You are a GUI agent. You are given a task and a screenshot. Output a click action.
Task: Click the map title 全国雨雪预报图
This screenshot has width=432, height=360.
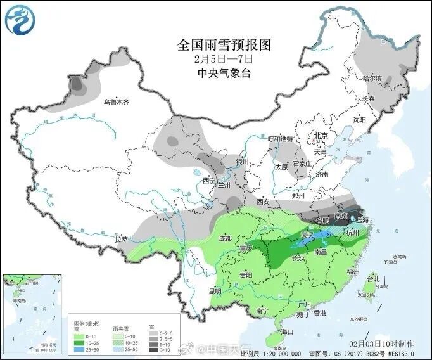pyautogui.click(x=224, y=44)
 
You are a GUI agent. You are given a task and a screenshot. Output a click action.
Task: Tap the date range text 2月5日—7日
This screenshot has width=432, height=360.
pyautogui.click(x=224, y=58)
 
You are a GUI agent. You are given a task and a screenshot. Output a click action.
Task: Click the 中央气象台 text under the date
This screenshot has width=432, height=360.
pyautogui.click(x=224, y=72)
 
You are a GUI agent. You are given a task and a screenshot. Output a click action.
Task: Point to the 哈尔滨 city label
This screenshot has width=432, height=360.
pyautogui.click(x=372, y=79)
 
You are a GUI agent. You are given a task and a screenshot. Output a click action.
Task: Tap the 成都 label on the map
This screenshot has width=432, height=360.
pyautogui.click(x=225, y=239)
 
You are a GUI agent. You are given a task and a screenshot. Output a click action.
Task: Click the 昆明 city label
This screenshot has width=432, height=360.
pyautogui.click(x=215, y=292)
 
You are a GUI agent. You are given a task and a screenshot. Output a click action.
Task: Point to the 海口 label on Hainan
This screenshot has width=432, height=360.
pyautogui.click(x=288, y=331)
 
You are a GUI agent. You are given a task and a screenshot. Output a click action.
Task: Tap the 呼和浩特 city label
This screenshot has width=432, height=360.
pyautogui.click(x=280, y=139)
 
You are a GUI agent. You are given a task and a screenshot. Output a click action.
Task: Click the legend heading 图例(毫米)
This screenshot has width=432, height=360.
pyautogui.click(x=85, y=323)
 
